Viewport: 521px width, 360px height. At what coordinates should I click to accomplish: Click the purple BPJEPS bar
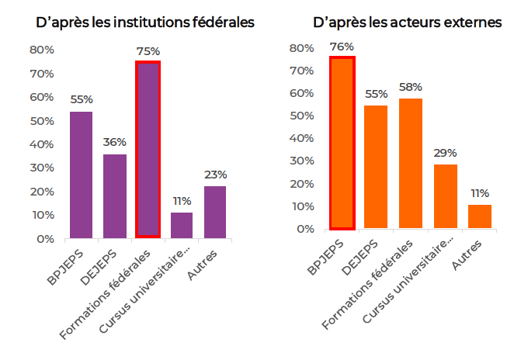[82, 175]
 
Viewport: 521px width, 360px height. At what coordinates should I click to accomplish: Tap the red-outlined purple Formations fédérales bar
[148, 149]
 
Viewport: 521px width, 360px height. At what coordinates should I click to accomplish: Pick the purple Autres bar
[215, 212]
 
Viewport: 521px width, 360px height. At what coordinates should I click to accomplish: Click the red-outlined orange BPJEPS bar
[342, 143]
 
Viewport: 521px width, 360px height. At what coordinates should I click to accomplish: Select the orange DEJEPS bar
[376, 167]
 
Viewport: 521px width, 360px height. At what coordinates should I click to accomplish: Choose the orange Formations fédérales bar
[410, 163]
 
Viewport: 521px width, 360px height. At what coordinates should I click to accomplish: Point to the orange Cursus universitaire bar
[446, 196]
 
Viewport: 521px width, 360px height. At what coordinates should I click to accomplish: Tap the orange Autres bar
[480, 216]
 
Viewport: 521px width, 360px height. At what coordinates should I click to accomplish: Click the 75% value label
[148, 51]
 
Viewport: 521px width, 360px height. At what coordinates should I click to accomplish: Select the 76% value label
[342, 46]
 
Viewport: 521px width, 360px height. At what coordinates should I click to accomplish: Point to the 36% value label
[115, 142]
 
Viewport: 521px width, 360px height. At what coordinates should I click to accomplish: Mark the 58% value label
[410, 86]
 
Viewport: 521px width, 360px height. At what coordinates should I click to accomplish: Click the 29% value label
[446, 152]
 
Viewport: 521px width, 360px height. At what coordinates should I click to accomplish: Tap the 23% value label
[215, 175]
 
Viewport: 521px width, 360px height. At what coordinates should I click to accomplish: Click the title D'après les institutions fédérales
[145, 22]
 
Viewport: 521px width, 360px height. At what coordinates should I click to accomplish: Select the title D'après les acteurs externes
[408, 22]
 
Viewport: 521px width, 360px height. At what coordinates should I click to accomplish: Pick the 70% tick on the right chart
[303, 71]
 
